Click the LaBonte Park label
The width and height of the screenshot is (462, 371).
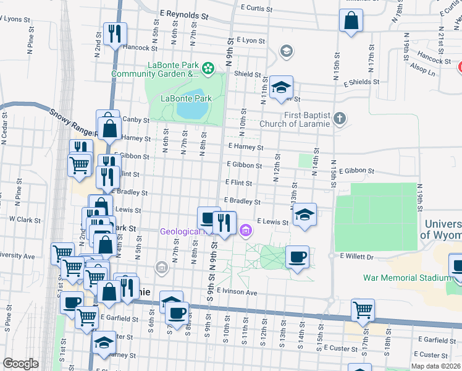(x=186, y=98)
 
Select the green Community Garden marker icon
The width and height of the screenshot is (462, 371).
(x=208, y=66)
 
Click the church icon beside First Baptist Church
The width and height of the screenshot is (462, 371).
(x=339, y=117)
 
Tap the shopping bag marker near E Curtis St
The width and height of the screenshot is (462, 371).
(x=351, y=21)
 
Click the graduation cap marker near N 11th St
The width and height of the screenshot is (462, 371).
(x=281, y=87)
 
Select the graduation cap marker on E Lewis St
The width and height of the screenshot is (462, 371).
(x=304, y=214)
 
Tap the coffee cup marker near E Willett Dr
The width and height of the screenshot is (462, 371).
(x=297, y=256)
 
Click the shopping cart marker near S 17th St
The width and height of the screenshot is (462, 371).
(x=363, y=309)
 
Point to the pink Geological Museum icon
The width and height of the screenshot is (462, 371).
(x=246, y=232)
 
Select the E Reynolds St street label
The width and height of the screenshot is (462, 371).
(x=184, y=13)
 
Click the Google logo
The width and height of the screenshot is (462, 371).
(x=20, y=364)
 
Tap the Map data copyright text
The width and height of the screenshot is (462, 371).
(x=436, y=366)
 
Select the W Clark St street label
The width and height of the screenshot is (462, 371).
(x=25, y=220)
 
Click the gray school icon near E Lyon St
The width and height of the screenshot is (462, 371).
(x=285, y=50)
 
